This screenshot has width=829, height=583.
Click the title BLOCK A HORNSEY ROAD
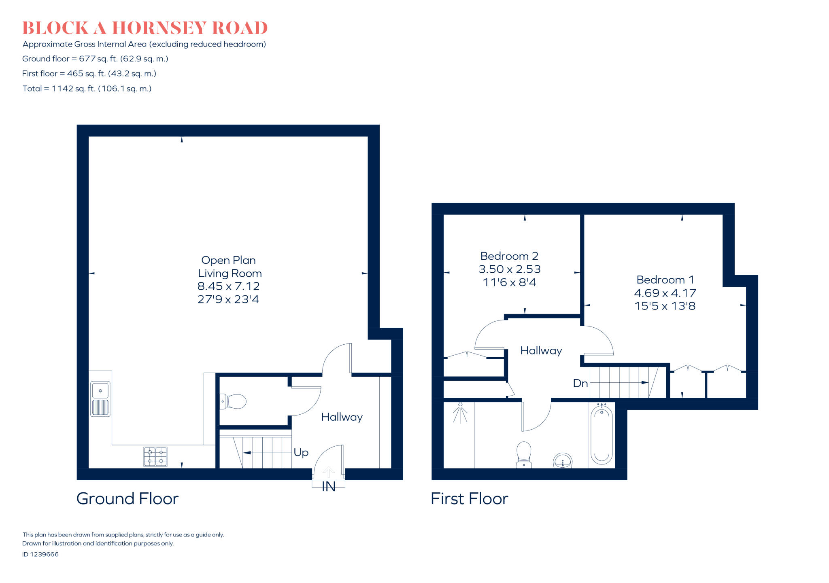(x=145, y=28)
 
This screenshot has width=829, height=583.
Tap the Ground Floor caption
(x=128, y=498)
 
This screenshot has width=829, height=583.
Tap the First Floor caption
(x=469, y=498)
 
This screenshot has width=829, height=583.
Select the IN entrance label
(x=328, y=487)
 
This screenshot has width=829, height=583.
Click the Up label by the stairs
(x=301, y=452)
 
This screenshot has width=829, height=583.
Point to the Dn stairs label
(x=580, y=383)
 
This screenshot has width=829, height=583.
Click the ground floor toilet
(x=234, y=402)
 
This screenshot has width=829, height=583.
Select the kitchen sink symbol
(x=100, y=399)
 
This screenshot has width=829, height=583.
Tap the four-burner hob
(x=155, y=456)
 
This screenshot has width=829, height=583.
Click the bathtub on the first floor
(x=602, y=435)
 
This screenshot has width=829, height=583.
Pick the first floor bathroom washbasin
(x=563, y=461)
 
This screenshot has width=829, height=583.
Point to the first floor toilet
(x=524, y=454)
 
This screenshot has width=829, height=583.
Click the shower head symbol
(x=460, y=412)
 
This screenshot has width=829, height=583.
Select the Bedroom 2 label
(x=509, y=256)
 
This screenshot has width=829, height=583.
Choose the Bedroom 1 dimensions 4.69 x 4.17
(x=665, y=293)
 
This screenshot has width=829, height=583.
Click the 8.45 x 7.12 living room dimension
(x=228, y=286)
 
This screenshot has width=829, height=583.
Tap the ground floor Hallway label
(x=342, y=417)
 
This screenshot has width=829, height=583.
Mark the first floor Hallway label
(x=541, y=350)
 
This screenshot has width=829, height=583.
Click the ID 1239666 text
(x=40, y=554)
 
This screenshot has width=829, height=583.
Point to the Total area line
(x=87, y=89)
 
